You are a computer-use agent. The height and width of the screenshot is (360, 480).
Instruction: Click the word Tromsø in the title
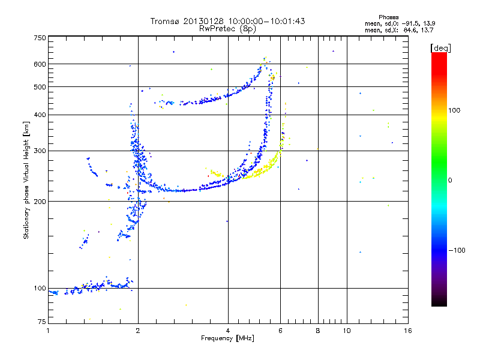(x=166, y=22)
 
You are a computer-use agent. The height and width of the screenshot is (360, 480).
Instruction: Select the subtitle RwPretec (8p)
(x=228, y=29)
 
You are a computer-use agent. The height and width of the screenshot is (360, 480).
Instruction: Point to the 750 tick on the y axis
(x=40, y=37)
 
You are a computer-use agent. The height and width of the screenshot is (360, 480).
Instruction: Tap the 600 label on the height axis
(x=40, y=64)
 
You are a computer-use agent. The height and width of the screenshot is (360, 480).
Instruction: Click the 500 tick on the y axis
(x=40, y=87)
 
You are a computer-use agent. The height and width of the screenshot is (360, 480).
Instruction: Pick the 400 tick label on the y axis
(x=40, y=115)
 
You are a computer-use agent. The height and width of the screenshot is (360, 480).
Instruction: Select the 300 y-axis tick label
(x=40, y=151)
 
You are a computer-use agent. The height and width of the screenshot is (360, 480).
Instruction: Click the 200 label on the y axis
(x=40, y=202)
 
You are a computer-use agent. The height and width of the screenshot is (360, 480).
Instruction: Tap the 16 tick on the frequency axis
(x=407, y=331)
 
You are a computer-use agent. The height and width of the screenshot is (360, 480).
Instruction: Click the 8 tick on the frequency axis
(x=318, y=331)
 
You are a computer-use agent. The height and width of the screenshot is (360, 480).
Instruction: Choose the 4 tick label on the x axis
(x=228, y=331)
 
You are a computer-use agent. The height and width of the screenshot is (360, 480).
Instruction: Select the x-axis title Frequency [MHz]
(x=228, y=338)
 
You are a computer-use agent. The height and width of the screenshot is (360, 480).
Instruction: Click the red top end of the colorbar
(x=439, y=55)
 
